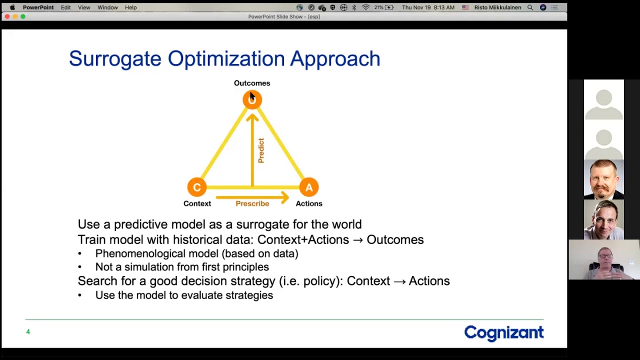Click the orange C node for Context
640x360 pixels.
197,187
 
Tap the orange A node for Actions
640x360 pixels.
309,187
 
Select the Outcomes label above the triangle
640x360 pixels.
252,83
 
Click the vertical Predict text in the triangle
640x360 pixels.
261,150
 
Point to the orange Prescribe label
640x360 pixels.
252,203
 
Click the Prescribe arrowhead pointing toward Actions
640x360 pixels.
285,197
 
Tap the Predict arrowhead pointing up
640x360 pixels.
252,117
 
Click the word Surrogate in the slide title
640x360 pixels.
115,59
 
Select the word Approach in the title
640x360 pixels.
335,59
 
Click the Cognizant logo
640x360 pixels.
504,333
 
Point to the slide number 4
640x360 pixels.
28,331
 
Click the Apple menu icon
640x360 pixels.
12,7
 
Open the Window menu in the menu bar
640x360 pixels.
107,7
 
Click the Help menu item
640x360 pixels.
130,7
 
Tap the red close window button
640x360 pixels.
7,16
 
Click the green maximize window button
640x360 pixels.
23,16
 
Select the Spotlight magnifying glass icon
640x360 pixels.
530,7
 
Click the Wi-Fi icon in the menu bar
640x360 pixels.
365,7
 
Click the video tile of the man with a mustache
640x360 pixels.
603,179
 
